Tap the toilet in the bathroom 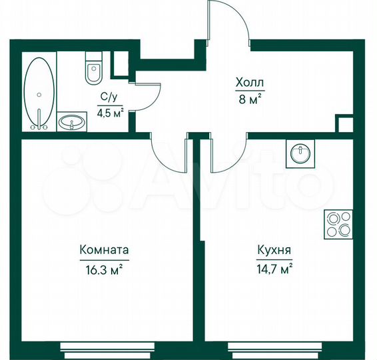pyautogui.click(x=91, y=70)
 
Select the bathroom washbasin pyautogui.click(x=72, y=122)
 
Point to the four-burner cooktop pyautogui.click(x=338, y=224)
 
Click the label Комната pyautogui.click(x=103, y=251)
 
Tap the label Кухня pyautogui.click(x=273, y=251)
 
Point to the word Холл pyautogui.click(x=249, y=83)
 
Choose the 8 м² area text pyautogui.click(x=249, y=101)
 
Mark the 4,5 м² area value pyautogui.click(x=111, y=112)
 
